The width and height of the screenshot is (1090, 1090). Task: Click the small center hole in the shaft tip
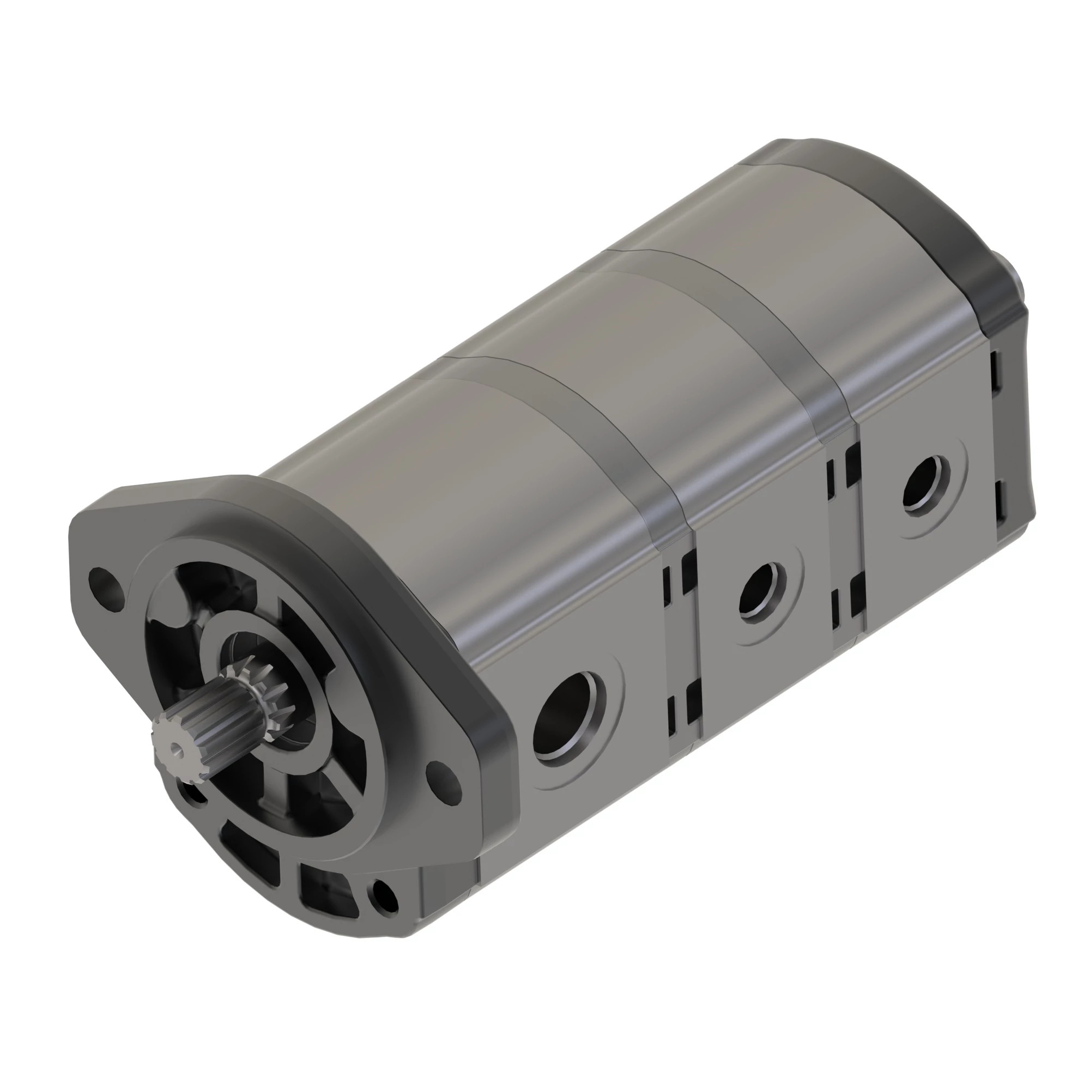pyautogui.click(x=178, y=750)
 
